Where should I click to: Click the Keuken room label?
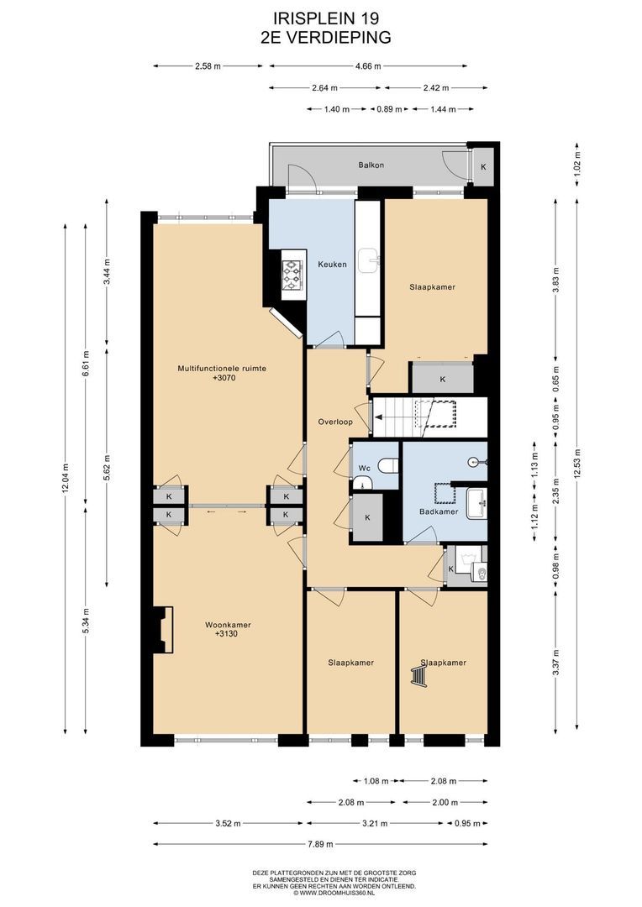click(332, 265)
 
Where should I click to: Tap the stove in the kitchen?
click(292, 275)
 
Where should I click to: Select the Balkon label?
click(371, 165)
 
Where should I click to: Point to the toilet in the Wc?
click(388, 465)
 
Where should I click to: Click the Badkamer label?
click(439, 511)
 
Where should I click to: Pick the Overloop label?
click(335, 422)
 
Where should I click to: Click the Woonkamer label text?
click(228, 625)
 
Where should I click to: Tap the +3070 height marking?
click(224, 378)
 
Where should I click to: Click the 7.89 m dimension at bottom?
click(320, 844)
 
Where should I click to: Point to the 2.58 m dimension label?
click(208, 66)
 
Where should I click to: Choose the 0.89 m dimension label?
click(389, 108)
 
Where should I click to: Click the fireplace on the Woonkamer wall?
click(163, 630)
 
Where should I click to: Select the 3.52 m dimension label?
click(228, 823)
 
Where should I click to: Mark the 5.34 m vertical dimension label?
click(86, 620)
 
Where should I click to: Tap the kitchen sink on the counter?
click(367, 260)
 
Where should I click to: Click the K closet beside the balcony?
click(483, 166)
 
